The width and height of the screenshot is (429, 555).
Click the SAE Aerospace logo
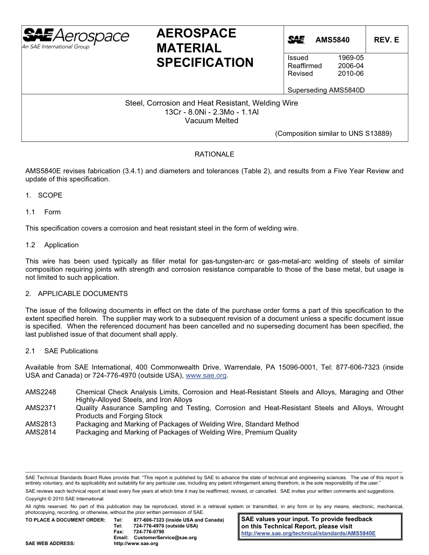click(x=76, y=38)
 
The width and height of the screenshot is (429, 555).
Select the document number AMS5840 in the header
click(x=332, y=40)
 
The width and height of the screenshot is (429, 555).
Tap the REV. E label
click(x=386, y=40)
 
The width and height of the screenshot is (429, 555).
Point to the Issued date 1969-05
click(x=350, y=58)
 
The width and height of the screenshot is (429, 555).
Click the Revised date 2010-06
click(x=350, y=74)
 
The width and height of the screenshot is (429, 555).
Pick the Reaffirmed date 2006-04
click(x=350, y=66)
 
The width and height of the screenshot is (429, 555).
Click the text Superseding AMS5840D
click(x=326, y=90)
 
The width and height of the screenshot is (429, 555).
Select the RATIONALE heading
click(x=214, y=154)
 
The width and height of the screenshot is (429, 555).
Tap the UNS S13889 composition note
click(x=333, y=134)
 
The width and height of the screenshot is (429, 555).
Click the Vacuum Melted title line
click(x=211, y=120)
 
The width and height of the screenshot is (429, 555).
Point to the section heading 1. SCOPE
click(x=44, y=195)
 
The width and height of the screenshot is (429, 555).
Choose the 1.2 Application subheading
click(x=52, y=245)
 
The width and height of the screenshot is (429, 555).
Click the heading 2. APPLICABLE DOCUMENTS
click(x=76, y=294)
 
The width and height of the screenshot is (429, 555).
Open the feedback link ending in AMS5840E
click(x=308, y=533)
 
